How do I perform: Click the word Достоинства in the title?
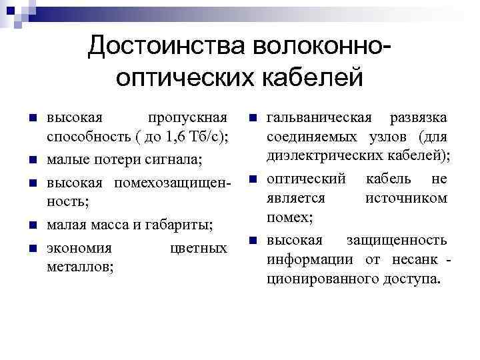coord(167,46)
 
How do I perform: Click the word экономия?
coord(79,248)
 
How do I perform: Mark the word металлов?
coord(80,267)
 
